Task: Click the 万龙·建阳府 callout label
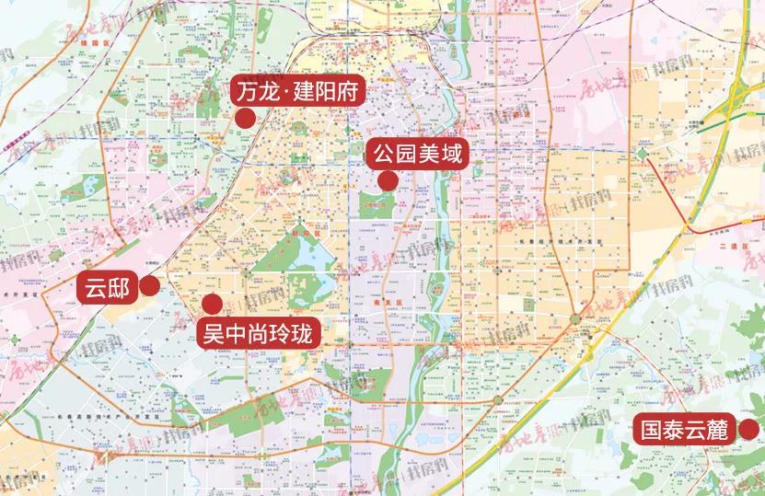[x=299, y=92]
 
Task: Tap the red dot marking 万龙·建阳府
[x=245, y=118]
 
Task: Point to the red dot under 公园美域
[x=388, y=180]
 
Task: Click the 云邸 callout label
[x=104, y=288]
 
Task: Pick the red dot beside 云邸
[x=148, y=288]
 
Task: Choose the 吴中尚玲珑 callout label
[x=260, y=332]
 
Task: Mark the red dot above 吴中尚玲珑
[x=212, y=303]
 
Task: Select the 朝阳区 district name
[x=301, y=236]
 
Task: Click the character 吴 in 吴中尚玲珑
[x=213, y=332]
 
